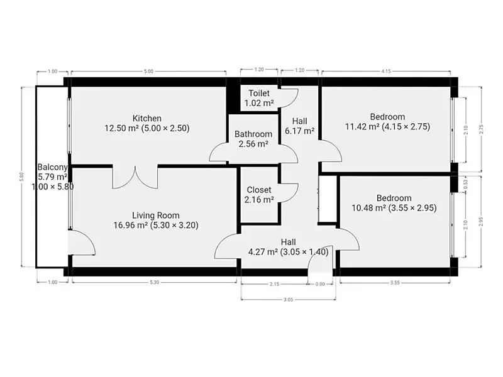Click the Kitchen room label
tap(147, 118)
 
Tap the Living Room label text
tap(156, 216)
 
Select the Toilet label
tap(259, 93)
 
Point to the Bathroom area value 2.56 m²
tap(253, 144)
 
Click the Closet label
tap(259, 190)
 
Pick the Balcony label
tap(52, 167)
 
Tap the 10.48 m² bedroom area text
tap(368, 208)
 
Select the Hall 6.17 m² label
tap(300, 126)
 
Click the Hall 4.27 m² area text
tap(263, 252)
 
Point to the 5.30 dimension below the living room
tap(154, 282)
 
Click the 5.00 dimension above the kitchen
tap(148, 72)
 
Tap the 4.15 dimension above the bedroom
tap(386, 72)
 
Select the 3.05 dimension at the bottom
tap(288, 300)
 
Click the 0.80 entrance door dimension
tap(320, 284)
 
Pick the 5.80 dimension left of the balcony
tap(21, 177)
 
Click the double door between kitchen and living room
tap(135, 177)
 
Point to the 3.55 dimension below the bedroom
tap(395, 283)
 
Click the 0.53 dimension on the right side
tap(466, 184)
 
